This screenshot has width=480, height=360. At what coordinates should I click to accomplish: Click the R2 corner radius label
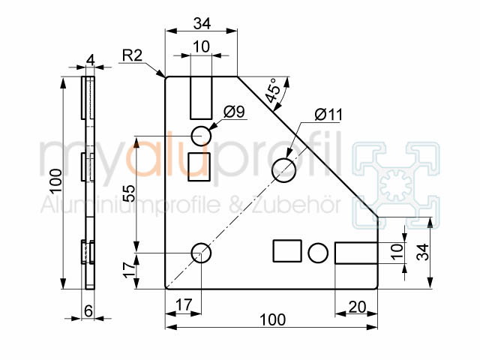[x=132, y=55]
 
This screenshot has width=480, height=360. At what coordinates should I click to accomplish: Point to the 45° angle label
[x=272, y=90]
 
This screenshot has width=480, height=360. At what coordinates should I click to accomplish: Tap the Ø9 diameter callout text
[x=234, y=112]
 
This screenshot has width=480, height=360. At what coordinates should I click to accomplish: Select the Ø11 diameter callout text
[x=328, y=115]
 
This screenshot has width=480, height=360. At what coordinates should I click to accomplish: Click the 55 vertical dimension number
[x=129, y=193]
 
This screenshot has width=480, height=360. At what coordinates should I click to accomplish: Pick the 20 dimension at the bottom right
[x=357, y=307]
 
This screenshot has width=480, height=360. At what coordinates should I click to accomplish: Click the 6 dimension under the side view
[x=88, y=311]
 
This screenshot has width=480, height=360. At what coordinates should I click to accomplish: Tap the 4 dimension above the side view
[x=91, y=60]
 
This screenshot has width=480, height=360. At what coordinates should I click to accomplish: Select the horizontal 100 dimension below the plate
[x=272, y=320]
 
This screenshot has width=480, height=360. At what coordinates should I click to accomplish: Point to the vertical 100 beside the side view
[x=56, y=181]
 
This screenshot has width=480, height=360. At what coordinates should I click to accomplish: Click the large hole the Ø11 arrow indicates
[x=283, y=170]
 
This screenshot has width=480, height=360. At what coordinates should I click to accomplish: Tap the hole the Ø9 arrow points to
[x=201, y=136]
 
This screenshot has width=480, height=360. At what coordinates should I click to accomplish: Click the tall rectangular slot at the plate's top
[x=201, y=97]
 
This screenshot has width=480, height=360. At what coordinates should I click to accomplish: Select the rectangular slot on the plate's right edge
[x=356, y=253]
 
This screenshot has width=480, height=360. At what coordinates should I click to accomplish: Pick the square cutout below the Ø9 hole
[x=199, y=166]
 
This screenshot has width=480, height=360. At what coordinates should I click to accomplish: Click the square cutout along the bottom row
[x=287, y=251]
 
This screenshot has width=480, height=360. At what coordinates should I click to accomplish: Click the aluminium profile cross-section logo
[x=396, y=185]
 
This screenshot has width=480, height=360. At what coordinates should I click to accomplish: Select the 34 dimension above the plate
[x=202, y=23]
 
